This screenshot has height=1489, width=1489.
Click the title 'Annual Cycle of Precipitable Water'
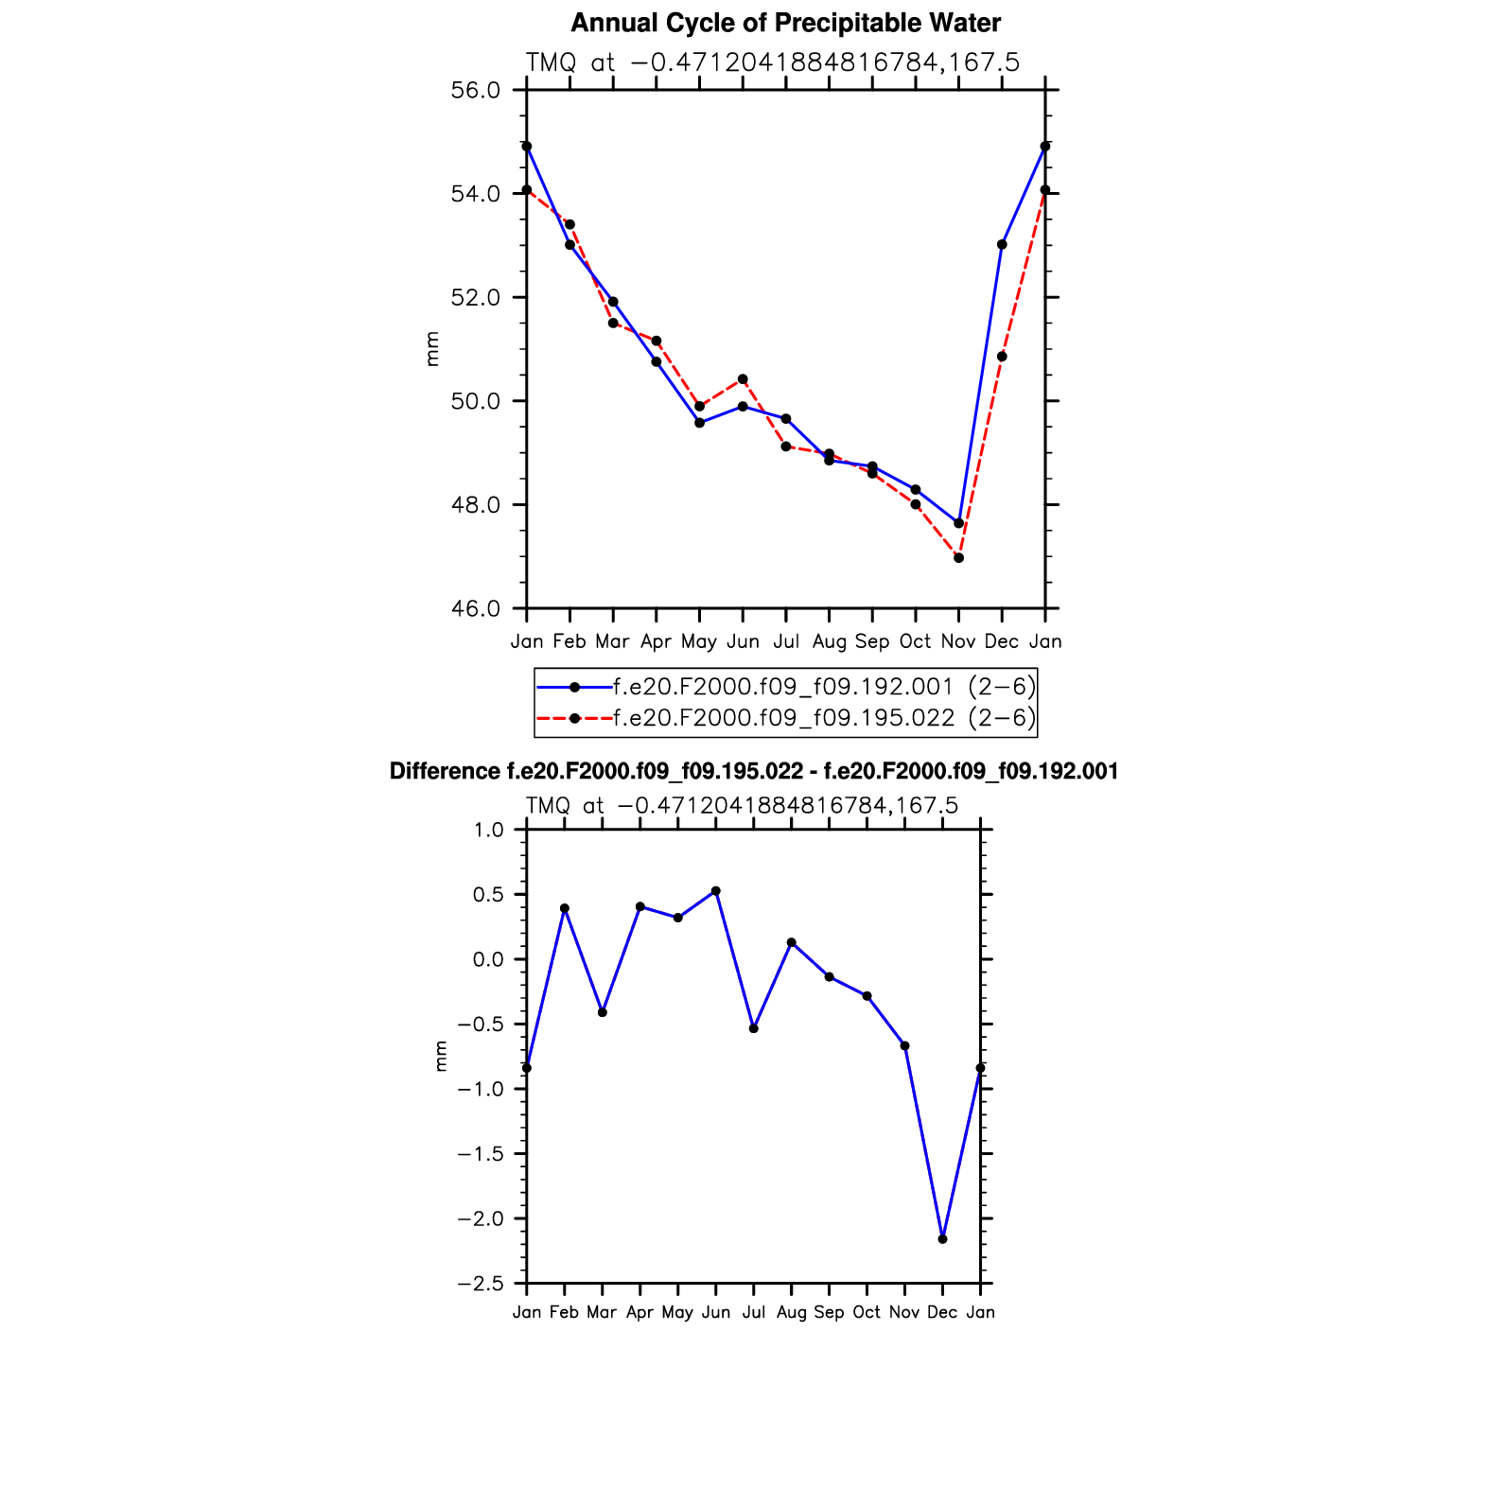[x=785, y=23]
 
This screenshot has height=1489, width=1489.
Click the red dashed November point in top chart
[x=958, y=558]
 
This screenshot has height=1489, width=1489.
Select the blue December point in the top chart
[x=1002, y=244]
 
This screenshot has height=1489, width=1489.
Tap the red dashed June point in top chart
[x=743, y=379]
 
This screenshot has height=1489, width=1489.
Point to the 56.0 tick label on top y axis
[x=475, y=91]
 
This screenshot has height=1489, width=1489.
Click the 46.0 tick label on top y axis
[x=475, y=608]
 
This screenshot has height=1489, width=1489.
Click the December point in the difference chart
[x=942, y=1239]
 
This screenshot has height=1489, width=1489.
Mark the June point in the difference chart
[x=716, y=891]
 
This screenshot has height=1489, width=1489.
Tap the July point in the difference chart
[x=754, y=1028]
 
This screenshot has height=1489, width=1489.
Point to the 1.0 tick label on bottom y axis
[x=489, y=831]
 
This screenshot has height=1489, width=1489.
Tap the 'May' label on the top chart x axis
[x=699, y=642]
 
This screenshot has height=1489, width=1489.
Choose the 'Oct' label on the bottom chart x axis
[x=867, y=1313]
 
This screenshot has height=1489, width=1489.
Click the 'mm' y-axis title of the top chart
[x=432, y=349]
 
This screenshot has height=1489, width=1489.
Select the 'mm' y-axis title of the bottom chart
[x=440, y=1056]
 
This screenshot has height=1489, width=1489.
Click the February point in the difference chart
[x=565, y=908]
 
